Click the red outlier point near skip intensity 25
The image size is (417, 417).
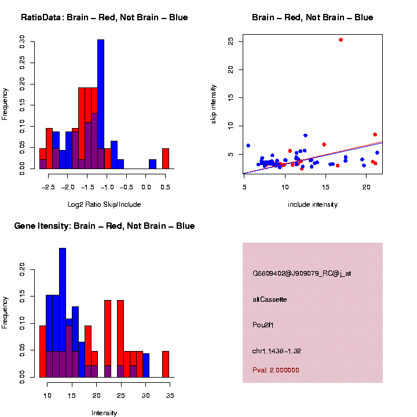point(341,40)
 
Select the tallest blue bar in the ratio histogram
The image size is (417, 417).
point(101,104)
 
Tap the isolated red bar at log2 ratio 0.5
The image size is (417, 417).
point(166,158)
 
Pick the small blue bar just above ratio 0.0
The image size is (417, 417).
point(152,164)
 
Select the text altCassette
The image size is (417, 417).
point(270,299)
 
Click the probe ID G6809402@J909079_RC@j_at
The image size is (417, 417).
point(302,273)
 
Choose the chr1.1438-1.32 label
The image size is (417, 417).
point(277,351)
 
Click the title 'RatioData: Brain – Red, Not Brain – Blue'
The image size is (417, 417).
point(104,17)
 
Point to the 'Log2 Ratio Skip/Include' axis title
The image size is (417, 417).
point(104,204)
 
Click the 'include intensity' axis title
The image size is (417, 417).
point(313,204)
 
